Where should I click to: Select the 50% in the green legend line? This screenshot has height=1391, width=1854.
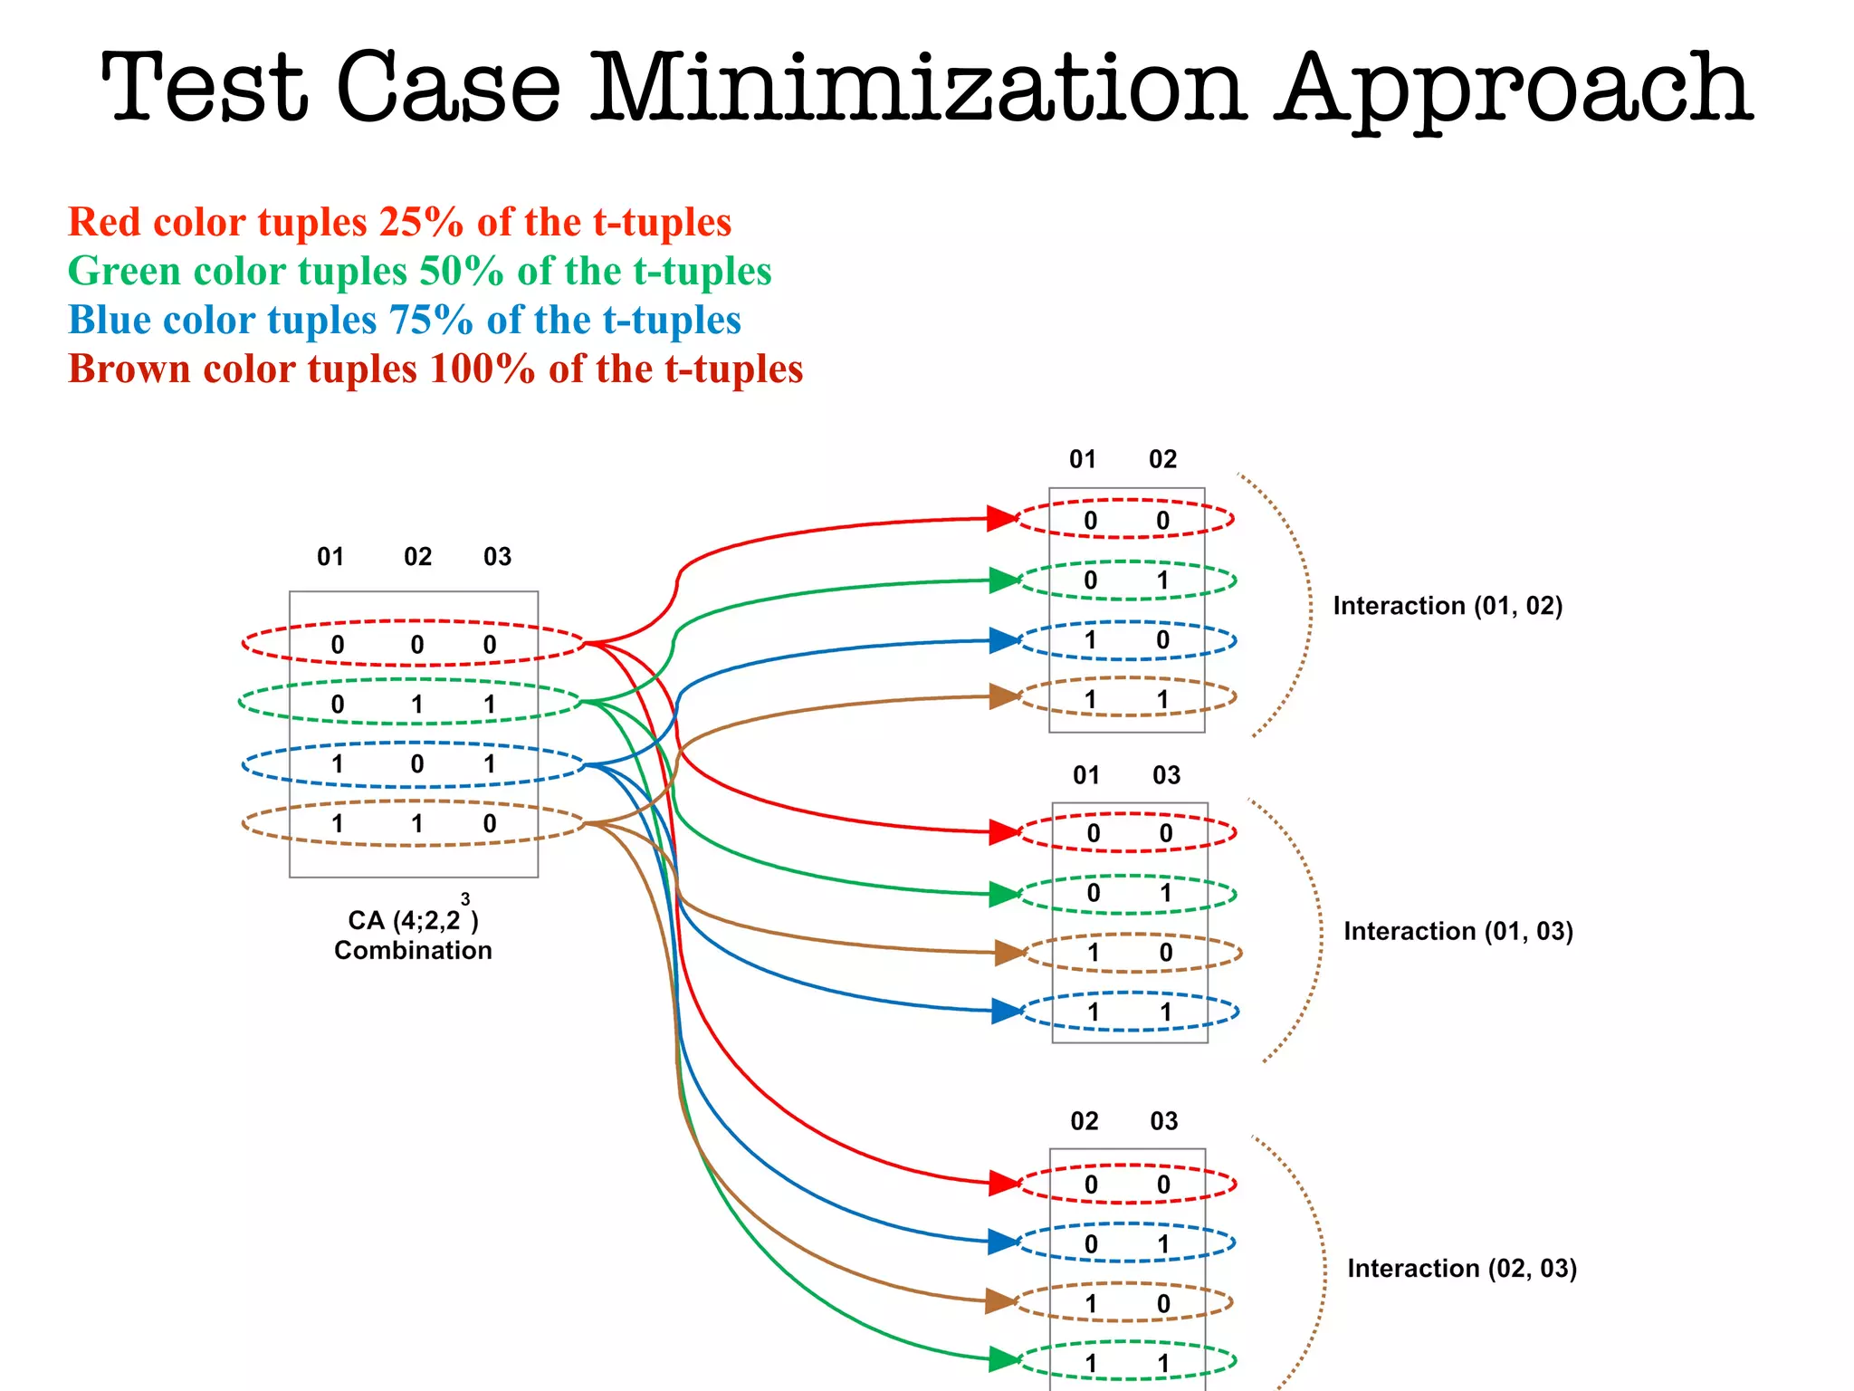461,271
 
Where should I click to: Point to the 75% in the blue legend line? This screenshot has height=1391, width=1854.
431,320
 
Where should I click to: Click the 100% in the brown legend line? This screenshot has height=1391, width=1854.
483,369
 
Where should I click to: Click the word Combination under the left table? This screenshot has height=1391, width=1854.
413,950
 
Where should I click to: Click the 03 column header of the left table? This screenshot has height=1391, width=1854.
497,556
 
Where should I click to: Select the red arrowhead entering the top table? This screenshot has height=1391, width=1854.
1002,519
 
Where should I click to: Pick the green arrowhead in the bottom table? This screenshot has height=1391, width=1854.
1004,1359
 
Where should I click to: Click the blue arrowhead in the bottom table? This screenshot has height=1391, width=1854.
1004,1241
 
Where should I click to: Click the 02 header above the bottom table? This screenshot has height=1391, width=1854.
1084,1121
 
